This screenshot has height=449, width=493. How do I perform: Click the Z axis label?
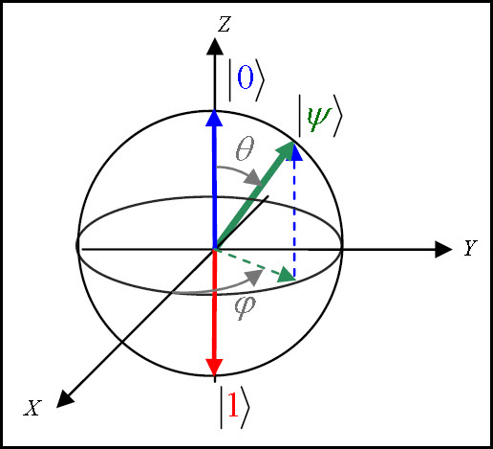224,24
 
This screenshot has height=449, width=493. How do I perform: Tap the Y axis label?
470,248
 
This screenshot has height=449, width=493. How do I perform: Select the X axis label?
32,408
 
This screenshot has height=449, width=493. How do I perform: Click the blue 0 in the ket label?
246,77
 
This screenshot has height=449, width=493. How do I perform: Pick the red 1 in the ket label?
233,404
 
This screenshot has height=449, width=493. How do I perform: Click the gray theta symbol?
245,148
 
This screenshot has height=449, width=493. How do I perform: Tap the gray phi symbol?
245,307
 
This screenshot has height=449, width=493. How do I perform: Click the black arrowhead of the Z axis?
215,46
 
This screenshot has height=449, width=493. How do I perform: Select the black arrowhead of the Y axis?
443,249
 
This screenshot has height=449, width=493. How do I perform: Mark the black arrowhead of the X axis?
65,399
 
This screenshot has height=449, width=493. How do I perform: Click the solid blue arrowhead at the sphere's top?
215,118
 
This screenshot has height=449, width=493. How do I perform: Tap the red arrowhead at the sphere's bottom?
214,367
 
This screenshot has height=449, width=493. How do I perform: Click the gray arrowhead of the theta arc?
254,177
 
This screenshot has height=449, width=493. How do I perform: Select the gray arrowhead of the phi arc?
254,277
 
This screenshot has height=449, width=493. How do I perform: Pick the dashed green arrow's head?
288,277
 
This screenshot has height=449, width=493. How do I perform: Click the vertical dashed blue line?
294,218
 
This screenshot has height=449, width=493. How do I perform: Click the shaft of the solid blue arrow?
215,188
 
